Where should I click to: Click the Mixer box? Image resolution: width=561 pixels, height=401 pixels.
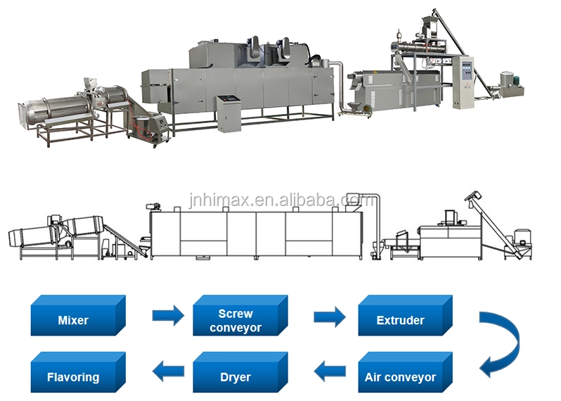[73, 320]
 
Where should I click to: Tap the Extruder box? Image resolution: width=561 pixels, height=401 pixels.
[401, 320]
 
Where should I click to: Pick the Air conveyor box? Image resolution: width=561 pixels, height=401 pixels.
[401, 377]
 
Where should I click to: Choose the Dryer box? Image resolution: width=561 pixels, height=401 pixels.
[235, 377]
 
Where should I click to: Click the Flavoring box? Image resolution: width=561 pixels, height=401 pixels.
[73, 377]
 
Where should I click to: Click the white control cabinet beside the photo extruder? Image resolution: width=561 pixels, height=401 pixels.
[464, 81]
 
